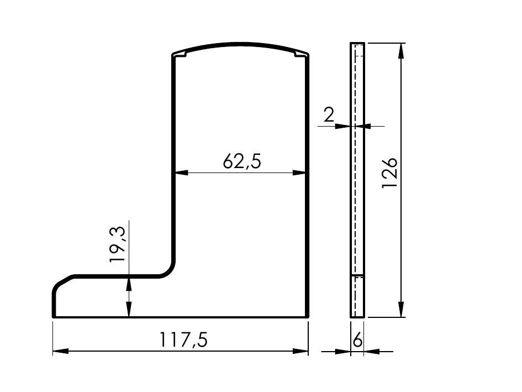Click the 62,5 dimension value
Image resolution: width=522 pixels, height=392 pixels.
pyautogui.click(x=242, y=161)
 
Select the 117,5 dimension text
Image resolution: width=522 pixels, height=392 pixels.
pyautogui.click(x=184, y=339)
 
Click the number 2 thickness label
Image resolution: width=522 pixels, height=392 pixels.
pyautogui.click(x=329, y=114)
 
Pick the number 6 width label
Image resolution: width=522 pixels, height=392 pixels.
pyautogui.click(x=357, y=340)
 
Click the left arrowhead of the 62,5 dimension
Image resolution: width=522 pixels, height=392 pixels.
pyautogui.click(x=181, y=173)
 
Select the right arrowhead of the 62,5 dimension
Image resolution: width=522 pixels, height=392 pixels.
pyautogui.click(x=299, y=173)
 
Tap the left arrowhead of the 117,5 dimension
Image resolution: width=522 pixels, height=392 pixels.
pyautogui.click(x=61, y=351)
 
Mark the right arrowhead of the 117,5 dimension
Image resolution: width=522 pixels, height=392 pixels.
pyautogui.click(x=300, y=351)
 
